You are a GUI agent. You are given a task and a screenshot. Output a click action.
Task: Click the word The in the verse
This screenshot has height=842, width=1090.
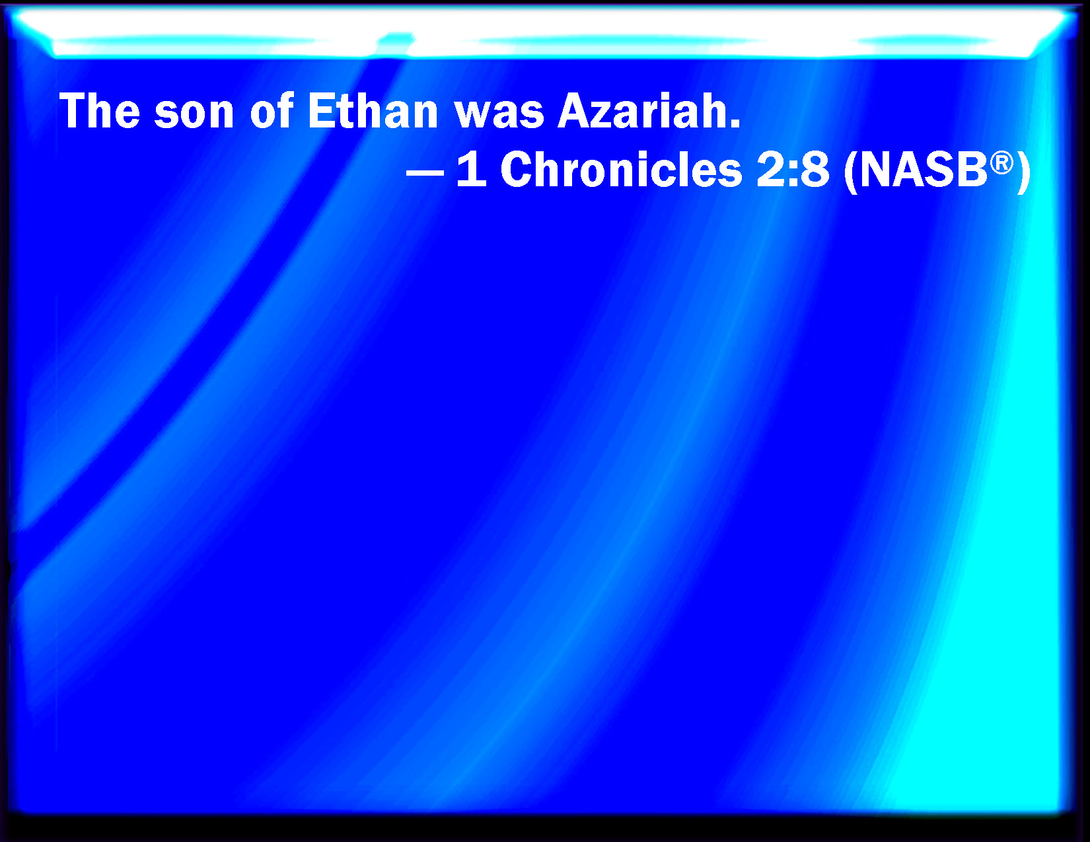(99, 111)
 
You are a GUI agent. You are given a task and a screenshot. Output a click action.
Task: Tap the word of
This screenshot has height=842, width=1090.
(272, 111)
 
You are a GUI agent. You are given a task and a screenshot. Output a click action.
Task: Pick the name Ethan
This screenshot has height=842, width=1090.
(373, 111)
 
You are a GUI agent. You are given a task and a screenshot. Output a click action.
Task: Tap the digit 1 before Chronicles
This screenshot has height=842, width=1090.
(471, 170)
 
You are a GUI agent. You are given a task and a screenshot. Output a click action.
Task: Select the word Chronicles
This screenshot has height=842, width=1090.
(621, 169)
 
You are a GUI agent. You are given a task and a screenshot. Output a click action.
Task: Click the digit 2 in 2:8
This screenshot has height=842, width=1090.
(772, 170)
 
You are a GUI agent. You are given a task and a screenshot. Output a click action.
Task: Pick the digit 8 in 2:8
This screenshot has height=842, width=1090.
(814, 170)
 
